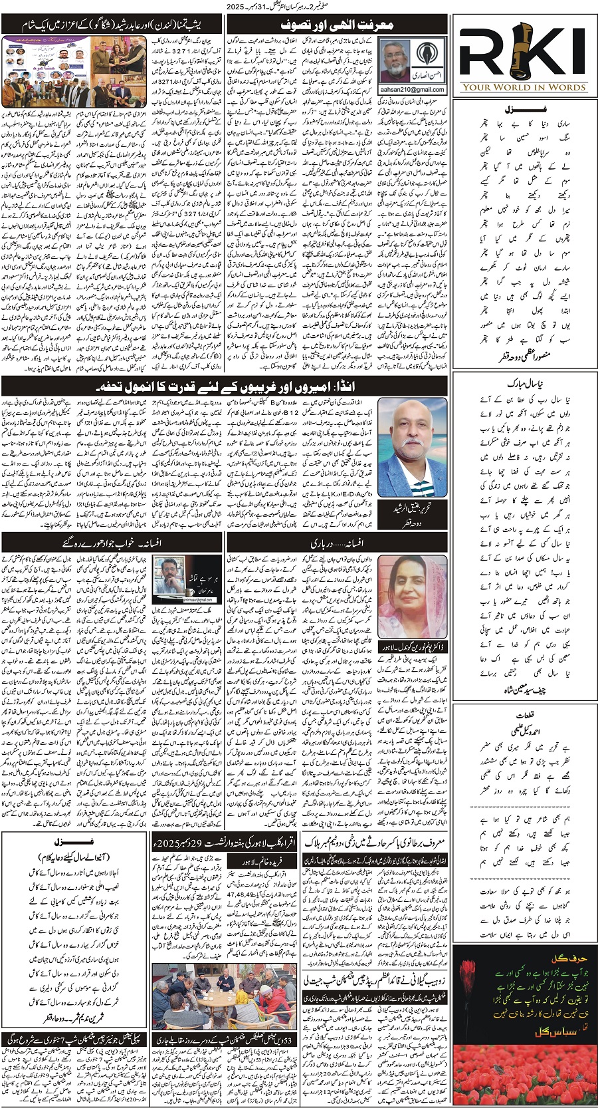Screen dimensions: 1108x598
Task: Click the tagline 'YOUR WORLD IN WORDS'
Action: (524, 87)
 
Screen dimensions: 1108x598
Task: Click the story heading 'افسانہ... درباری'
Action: (337, 543)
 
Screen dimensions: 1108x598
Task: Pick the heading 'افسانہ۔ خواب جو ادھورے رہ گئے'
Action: (113, 543)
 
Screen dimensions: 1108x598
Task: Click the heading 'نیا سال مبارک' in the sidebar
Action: (524, 384)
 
